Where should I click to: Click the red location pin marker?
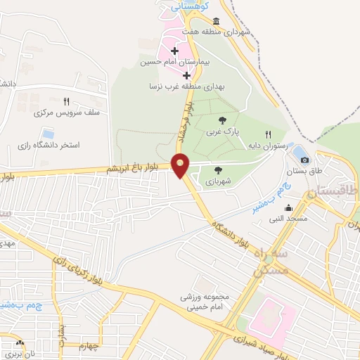(x=181, y=164)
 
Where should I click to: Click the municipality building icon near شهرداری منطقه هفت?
(x=214, y=21)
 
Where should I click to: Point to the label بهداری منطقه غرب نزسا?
(x=186, y=86)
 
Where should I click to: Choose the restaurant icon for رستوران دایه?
(x=268, y=134)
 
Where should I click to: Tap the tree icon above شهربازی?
(x=218, y=169)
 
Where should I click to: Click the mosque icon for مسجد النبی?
(x=288, y=207)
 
